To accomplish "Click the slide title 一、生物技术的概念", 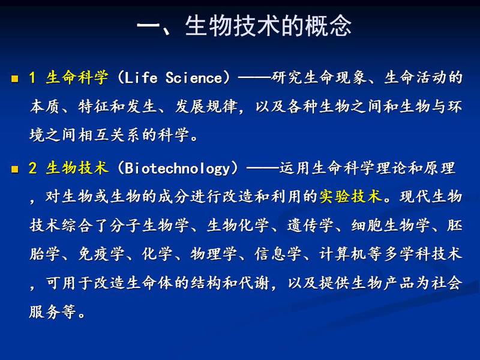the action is point(244,25).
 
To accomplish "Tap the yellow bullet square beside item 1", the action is point(14,79).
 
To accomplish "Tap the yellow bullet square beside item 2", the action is point(14,169).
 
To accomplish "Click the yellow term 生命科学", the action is point(77,77).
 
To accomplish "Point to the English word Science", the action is point(194,78).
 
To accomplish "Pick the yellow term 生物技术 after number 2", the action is point(77,168).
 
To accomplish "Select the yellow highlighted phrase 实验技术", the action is point(351,196).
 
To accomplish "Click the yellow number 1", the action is point(32,77).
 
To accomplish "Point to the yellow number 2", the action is point(33,168).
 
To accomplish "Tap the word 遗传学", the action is point(310,226).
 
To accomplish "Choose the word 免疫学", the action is point(101,254).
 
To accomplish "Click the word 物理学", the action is point(214,254).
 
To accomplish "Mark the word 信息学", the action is point(278,254).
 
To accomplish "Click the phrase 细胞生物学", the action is point(391,226).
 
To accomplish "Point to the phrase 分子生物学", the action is point(149,226).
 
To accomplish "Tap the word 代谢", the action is point(254,283).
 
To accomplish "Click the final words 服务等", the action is point(53,311).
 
